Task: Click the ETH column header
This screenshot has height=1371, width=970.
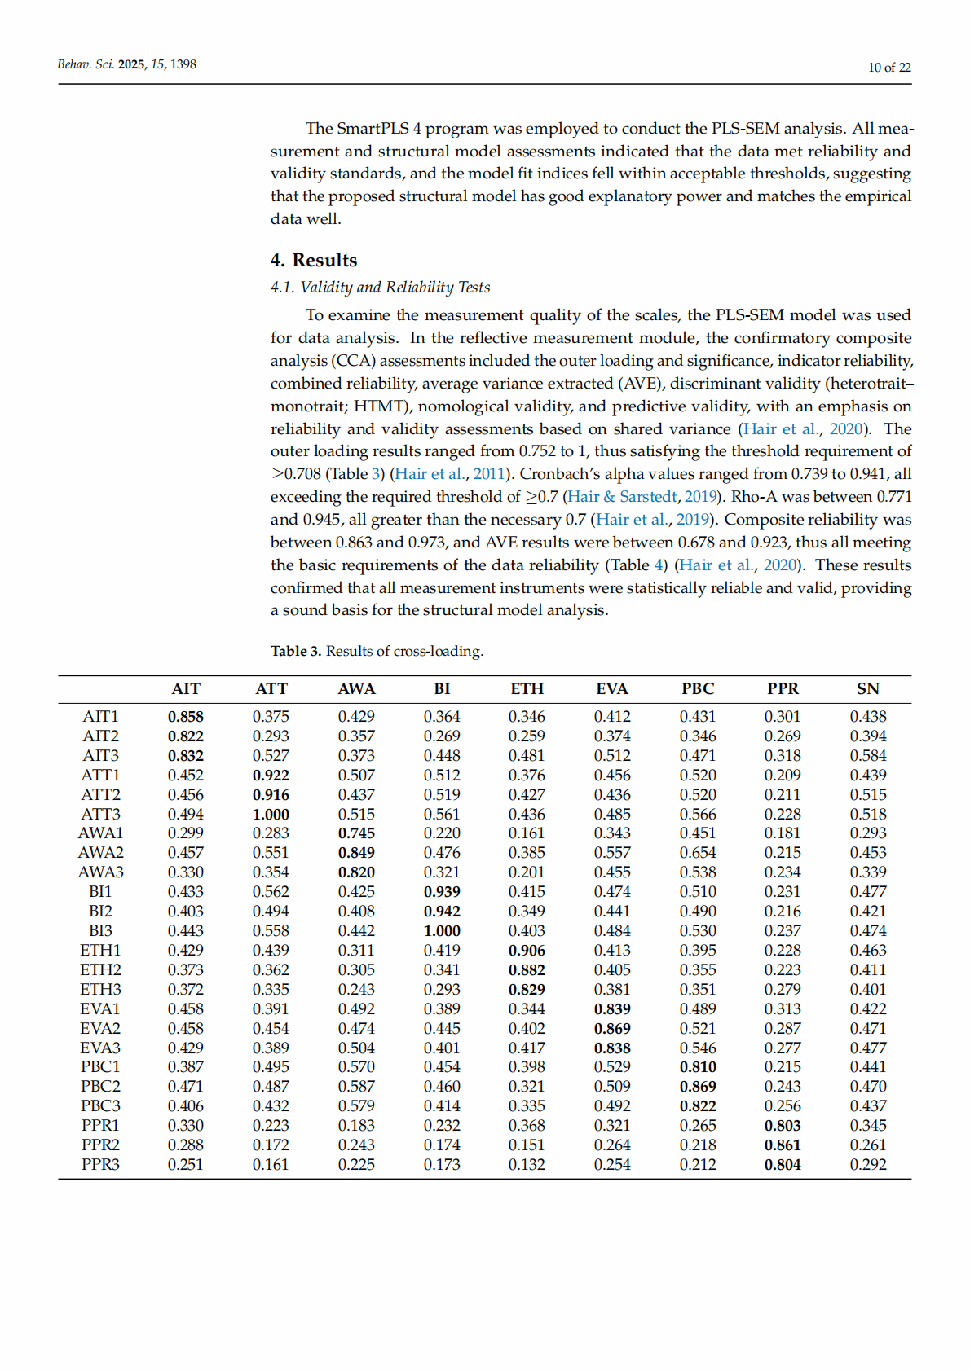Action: (x=527, y=689)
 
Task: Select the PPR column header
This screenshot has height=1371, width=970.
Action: (x=783, y=689)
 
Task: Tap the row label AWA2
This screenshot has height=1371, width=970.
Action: (x=100, y=853)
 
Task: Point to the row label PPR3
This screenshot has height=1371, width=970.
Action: (x=100, y=1164)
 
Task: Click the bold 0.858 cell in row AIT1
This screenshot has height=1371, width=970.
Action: (x=186, y=717)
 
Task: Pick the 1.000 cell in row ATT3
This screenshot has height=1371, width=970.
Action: (x=271, y=814)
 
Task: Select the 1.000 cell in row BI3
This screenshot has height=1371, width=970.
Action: (x=442, y=930)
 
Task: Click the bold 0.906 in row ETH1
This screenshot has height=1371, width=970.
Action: (x=527, y=950)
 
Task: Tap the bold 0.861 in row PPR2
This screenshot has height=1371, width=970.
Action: (x=783, y=1145)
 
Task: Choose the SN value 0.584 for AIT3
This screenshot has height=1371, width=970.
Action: (x=868, y=755)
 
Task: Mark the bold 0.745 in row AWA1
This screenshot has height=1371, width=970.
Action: (x=356, y=833)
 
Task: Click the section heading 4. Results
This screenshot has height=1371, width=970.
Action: (x=314, y=260)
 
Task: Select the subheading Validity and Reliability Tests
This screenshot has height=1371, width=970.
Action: (x=395, y=287)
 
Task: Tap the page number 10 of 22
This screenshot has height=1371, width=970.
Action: (x=889, y=68)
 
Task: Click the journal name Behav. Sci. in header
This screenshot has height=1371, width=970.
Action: (x=86, y=64)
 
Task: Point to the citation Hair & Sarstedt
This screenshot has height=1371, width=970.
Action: (x=621, y=497)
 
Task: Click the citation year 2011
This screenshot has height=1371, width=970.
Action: (x=489, y=474)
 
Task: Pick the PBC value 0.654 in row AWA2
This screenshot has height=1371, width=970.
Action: (x=698, y=853)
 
